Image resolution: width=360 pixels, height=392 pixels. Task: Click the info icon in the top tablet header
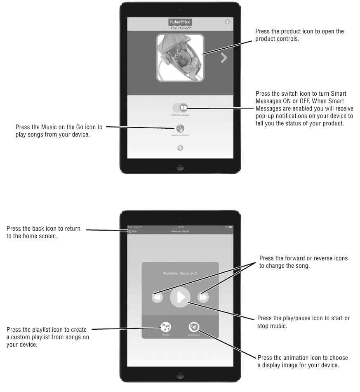(x=227, y=22)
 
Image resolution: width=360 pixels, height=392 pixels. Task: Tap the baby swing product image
(x=180, y=58)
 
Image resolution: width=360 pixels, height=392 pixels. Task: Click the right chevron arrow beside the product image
(x=224, y=58)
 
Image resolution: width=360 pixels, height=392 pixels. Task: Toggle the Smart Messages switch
(x=180, y=108)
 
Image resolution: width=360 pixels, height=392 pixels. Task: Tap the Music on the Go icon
(x=180, y=128)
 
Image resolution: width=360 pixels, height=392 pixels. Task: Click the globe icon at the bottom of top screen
(x=180, y=148)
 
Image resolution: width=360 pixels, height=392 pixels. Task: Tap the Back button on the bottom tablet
(x=133, y=231)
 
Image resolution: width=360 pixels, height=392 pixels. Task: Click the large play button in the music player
(x=180, y=297)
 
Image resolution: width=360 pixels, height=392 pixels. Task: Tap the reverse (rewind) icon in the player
(x=157, y=297)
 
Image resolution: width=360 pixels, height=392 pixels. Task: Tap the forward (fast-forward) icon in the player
(x=203, y=297)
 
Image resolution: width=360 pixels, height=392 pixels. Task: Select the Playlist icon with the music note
(x=166, y=327)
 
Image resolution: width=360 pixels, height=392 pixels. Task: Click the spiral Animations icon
(x=194, y=327)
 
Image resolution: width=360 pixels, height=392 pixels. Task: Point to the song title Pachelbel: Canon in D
(x=180, y=273)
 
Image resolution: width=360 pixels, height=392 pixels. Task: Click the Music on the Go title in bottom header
(x=180, y=231)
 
